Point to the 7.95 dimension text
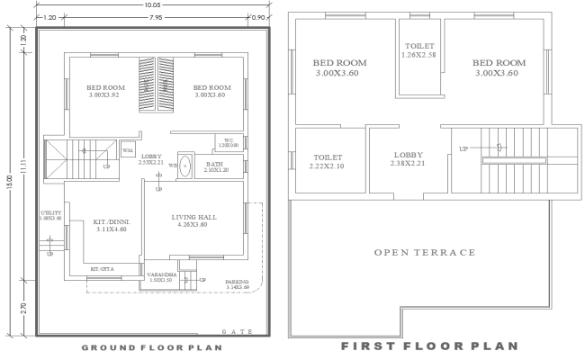pyautogui.click(x=157, y=18)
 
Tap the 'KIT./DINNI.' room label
pyautogui.click(x=112, y=221)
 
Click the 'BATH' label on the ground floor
pyautogui.click(x=215, y=165)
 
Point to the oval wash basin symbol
pyautogui.click(x=186, y=166)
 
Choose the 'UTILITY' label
pyautogui.click(x=50, y=212)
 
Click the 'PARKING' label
pyautogui.click(x=237, y=282)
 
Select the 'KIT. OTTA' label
pyautogui.click(x=102, y=269)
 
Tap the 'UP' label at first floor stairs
pyautogui.click(x=463, y=148)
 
